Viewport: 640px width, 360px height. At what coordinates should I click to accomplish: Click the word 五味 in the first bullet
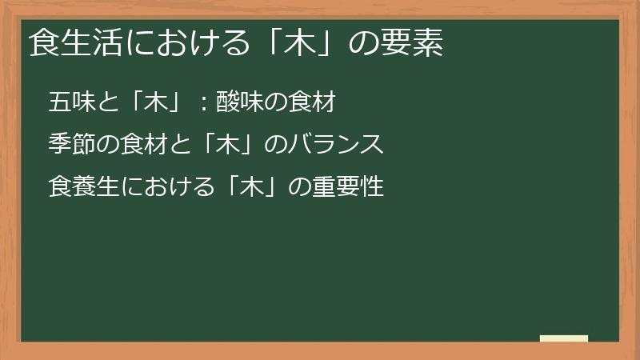pyautogui.click(x=70, y=103)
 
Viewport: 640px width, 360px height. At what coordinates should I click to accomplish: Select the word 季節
pyautogui.click(x=70, y=145)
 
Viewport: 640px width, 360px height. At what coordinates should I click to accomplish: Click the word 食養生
pyautogui.click(x=82, y=187)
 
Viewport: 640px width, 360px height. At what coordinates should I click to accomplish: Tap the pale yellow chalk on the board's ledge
pyautogui.click(x=564, y=339)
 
